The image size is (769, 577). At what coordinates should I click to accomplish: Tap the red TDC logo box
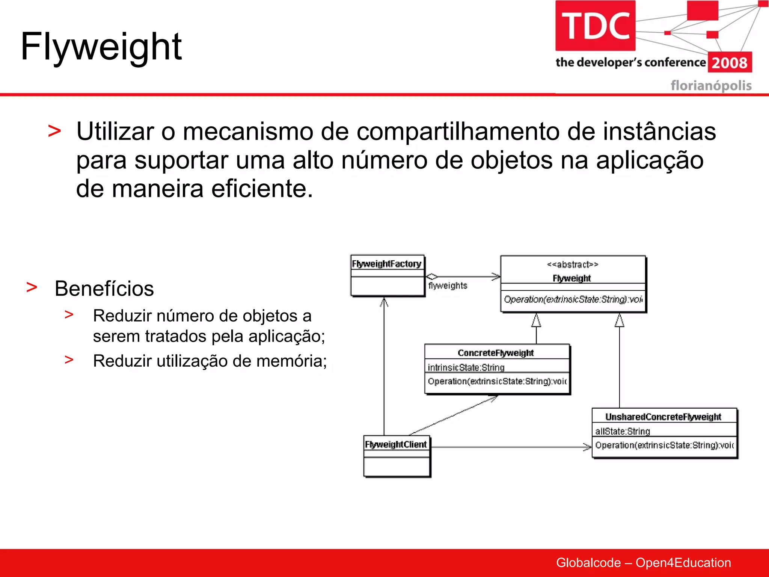pyautogui.click(x=595, y=26)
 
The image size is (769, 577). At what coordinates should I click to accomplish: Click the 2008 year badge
pyautogui.click(x=730, y=62)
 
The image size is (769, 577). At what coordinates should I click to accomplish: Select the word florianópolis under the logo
pyautogui.click(x=711, y=86)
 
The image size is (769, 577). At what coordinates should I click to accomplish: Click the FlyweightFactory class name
pyautogui.click(x=386, y=264)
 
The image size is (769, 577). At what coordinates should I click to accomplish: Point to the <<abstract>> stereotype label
pyautogui.click(x=572, y=264)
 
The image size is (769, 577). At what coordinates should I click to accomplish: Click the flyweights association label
pyautogui.click(x=448, y=285)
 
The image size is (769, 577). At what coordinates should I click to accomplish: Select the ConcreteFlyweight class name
pyautogui.click(x=496, y=353)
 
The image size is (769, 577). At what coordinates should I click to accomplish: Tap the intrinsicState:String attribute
pyautogui.click(x=466, y=367)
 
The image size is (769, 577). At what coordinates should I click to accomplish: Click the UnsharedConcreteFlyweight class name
pyautogui.click(x=663, y=417)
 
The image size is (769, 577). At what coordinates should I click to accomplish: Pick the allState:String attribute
pyautogui.click(x=623, y=431)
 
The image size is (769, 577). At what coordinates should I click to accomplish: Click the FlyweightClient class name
pyautogui.click(x=396, y=444)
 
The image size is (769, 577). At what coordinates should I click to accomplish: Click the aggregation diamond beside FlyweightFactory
pyautogui.click(x=432, y=276)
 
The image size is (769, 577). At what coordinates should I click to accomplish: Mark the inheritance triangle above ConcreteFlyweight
pyautogui.click(x=536, y=321)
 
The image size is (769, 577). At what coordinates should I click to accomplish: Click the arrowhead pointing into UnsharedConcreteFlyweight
pyautogui.click(x=587, y=447)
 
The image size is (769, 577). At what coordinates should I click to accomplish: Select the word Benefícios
pyautogui.click(x=104, y=288)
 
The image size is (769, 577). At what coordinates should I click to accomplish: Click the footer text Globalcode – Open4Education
pyautogui.click(x=643, y=562)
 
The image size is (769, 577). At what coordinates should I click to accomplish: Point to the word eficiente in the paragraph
pyautogui.click(x=261, y=189)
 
